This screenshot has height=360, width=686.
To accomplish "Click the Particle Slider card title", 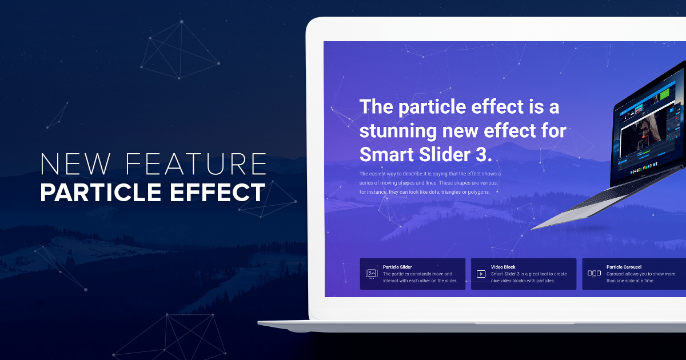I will (397, 267).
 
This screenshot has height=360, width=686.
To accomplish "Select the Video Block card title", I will (503, 267).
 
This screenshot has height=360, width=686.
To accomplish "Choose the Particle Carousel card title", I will (624, 267).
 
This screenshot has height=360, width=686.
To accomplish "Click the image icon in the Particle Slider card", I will (372, 274).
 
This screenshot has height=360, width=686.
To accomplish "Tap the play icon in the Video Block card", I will (481, 274).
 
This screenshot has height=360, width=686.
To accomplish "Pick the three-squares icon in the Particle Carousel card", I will (594, 274).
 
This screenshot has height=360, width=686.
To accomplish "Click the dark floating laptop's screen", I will (649, 137).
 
